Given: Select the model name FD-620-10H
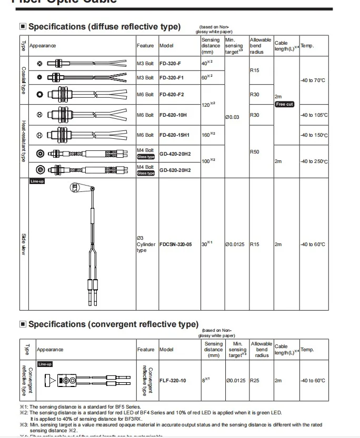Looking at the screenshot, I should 173,115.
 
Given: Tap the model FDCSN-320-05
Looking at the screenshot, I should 176,244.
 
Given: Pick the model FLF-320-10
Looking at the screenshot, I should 173,380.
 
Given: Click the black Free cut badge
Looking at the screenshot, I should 285,104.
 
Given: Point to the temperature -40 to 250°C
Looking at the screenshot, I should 314,161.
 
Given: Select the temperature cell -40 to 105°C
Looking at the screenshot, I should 314,115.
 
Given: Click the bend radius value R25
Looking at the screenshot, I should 255,380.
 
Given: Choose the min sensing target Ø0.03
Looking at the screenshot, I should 232,117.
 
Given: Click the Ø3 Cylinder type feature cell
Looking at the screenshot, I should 146,244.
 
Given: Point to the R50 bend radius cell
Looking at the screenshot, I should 255,151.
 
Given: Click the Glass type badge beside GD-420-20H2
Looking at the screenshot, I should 146,157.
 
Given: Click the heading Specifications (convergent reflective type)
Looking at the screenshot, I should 113,324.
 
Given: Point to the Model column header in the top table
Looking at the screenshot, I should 166,46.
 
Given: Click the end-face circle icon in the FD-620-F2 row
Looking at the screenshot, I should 39,95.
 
